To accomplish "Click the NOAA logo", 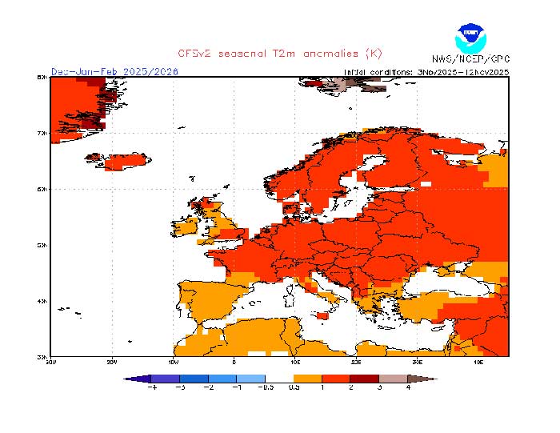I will point(470,38).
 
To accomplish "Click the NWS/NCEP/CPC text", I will point(470,59).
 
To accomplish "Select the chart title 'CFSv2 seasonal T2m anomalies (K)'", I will point(280,54).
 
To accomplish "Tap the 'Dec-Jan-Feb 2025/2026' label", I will point(114,71).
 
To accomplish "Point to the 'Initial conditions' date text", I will point(426,71).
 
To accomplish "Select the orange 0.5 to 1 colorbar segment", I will point(307,379).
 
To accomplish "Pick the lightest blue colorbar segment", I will point(251,379).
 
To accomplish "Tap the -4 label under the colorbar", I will point(153,388).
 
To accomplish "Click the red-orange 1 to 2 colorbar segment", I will point(335,379).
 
